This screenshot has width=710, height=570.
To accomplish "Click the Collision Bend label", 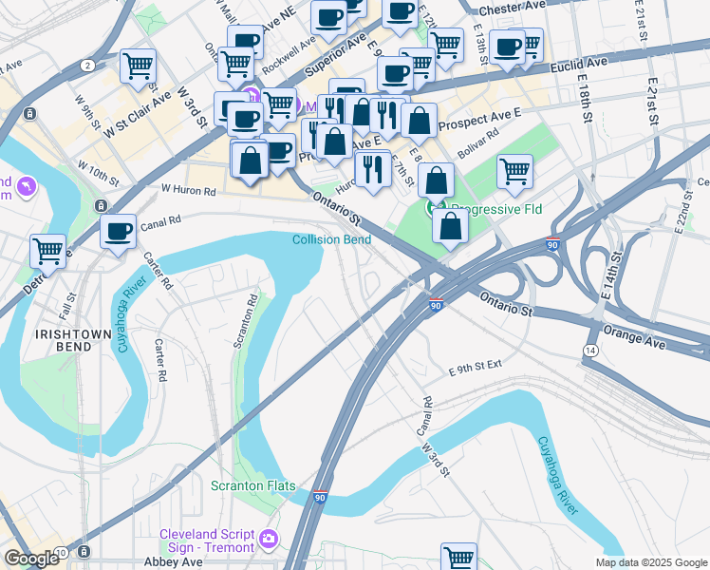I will (331, 239).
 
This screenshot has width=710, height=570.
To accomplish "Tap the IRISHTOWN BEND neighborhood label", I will (63, 341).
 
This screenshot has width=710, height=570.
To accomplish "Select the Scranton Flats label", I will (253, 486).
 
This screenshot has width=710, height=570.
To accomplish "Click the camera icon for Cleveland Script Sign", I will (269, 540).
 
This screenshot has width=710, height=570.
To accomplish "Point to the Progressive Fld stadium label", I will (491, 208).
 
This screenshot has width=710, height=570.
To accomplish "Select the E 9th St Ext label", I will (475, 371).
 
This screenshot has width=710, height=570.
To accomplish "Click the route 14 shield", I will (590, 351).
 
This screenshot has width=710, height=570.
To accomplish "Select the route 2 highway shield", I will (86, 66).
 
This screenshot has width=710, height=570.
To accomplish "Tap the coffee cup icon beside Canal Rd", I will (119, 232).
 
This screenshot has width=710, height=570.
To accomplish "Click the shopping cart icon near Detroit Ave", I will (47, 252).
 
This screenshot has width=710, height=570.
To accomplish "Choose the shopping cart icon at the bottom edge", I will (458, 558).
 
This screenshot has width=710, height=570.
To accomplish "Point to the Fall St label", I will (65, 306).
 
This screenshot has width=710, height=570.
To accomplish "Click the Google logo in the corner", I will (31, 559).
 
